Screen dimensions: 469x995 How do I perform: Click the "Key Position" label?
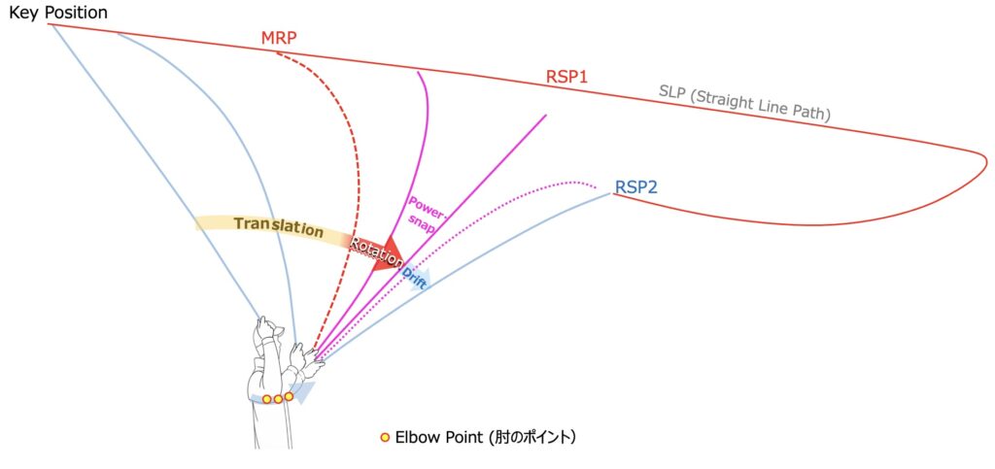coord(58,13)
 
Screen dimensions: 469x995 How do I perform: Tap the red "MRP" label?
coord(278,39)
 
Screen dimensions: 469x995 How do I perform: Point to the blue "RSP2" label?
coord(635,186)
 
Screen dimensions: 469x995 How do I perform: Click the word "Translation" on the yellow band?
coord(278,227)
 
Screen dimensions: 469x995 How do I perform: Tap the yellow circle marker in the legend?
coord(385,438)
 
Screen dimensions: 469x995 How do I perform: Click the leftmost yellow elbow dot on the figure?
coord(267,399)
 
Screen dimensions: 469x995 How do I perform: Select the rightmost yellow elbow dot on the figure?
coord(289,396)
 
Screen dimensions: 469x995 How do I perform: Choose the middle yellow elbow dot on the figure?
coord(278,398)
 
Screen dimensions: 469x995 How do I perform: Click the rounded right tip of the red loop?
coord(984,159)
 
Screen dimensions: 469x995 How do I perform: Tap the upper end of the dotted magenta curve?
coord(595,183)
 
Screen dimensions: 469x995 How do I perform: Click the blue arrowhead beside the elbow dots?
coord(304,393)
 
